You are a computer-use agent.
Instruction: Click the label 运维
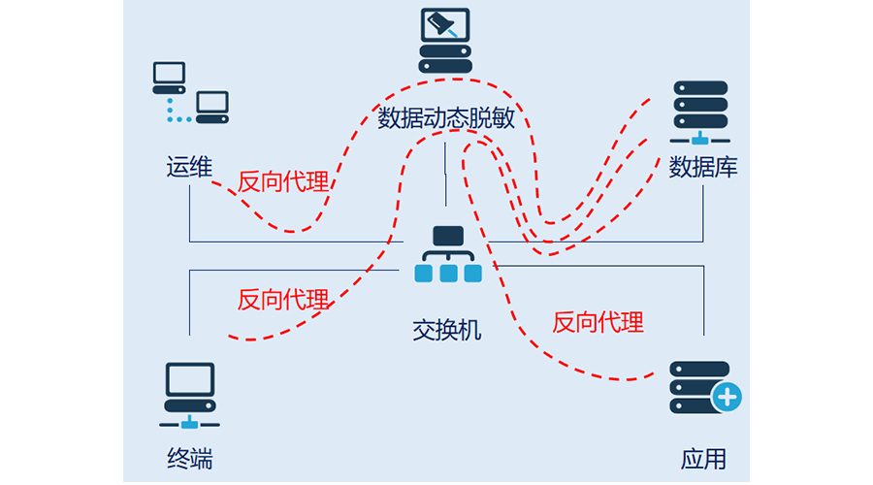tap(188, 168)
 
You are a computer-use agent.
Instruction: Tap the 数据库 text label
tap(703, 168)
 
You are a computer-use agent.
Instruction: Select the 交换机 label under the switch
tap(446, 330)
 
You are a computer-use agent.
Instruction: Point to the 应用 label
tap(703, 459)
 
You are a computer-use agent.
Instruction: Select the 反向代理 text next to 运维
tap(283, 181)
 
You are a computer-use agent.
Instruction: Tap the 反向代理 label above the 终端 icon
tap(283, 299)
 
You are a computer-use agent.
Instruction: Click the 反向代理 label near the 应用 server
tap(598, 322)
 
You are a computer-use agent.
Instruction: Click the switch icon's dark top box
tap(448, 236)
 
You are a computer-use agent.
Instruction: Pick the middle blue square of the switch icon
tap(448, 274)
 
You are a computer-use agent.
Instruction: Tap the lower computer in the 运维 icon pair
tap(211, 106)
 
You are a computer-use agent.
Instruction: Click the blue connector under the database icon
tap(699, 139)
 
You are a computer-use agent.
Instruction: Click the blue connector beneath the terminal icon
tap(189, 422)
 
